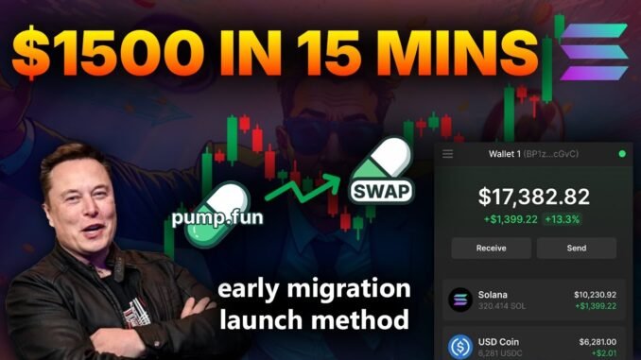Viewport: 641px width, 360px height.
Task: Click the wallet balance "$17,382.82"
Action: click(x=533, y=197)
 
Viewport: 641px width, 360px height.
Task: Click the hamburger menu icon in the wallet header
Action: click(x=448, y=153)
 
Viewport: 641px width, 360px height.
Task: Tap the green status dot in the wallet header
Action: click(x=620, y=153)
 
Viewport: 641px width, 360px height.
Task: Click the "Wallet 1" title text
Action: click(x=509, y=153)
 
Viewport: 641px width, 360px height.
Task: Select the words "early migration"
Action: click(x=315, y=288)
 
